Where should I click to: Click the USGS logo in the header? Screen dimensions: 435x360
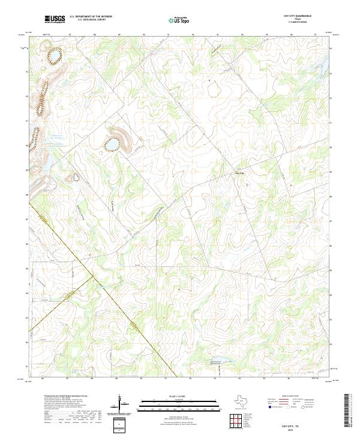[x=55, y=19]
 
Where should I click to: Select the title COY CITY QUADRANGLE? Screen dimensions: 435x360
[x=298, y=16]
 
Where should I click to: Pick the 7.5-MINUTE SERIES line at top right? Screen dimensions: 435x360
[x=298, y=22]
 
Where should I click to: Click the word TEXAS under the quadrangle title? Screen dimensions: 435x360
[x=298, y=19]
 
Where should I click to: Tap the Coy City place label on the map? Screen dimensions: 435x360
[x=239, y=174]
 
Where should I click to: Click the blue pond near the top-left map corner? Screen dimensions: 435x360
[x=54, y=57]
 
